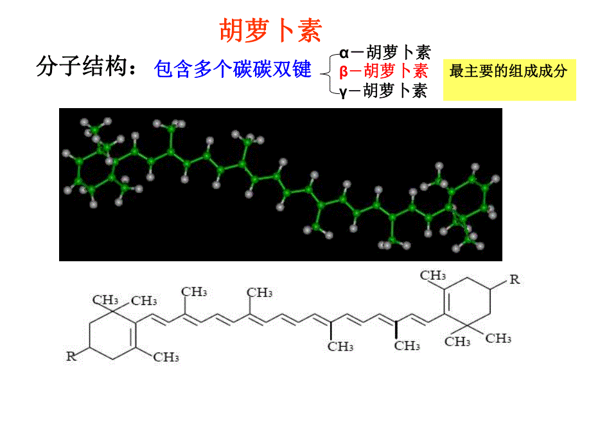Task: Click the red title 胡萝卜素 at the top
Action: tap(269, 30)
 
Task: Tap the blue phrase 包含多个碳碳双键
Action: tap(233, 68)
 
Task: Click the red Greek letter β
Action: tap(344, 71)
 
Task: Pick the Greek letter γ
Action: tap(344, 91)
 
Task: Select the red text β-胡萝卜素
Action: tap(384, 71)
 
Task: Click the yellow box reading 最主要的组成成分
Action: tap(509, 71)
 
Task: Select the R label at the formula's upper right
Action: tap(514, 279)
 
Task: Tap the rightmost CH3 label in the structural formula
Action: tap(498, 337)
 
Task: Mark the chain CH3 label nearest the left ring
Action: tap(194, 292)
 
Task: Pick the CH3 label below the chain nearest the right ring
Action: tap(407, 346)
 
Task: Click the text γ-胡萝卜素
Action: tap(384, 91)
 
